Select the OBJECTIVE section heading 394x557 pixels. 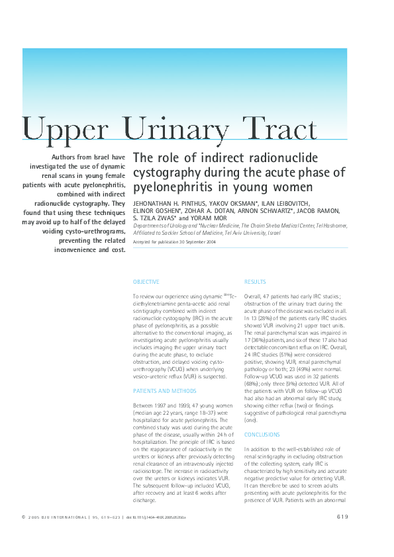pos(146,282)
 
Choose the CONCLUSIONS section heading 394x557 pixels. pos(262,435)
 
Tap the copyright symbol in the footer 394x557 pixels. pos(24,517)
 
